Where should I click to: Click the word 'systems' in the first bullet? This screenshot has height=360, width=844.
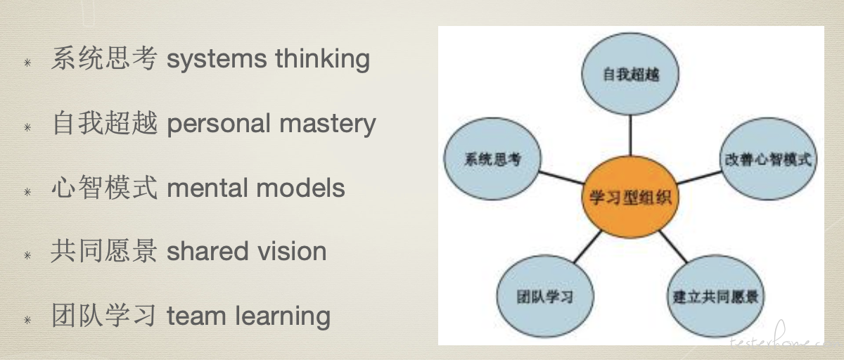(217, 60)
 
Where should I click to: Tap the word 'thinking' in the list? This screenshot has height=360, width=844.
(323, 59)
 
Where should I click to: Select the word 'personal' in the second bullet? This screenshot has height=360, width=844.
(219, 124)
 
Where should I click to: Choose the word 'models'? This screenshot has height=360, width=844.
(300, 188)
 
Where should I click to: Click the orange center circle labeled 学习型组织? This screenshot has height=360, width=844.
(630, 197)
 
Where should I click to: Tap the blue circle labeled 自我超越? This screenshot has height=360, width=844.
(630, 74)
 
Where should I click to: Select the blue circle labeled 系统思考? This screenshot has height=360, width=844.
(492, 158)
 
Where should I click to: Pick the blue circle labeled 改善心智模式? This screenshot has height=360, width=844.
(768, 158)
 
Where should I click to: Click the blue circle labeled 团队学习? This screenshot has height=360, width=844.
(545, 296)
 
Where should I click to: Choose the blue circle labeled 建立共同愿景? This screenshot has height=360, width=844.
(715, 296)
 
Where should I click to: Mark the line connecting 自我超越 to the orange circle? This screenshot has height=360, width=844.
(630, 135)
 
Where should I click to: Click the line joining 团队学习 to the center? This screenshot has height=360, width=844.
(588, 247)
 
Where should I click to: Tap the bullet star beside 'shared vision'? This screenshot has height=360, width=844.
(27, 256)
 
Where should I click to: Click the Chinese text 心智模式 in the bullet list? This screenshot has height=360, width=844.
(104, 187)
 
